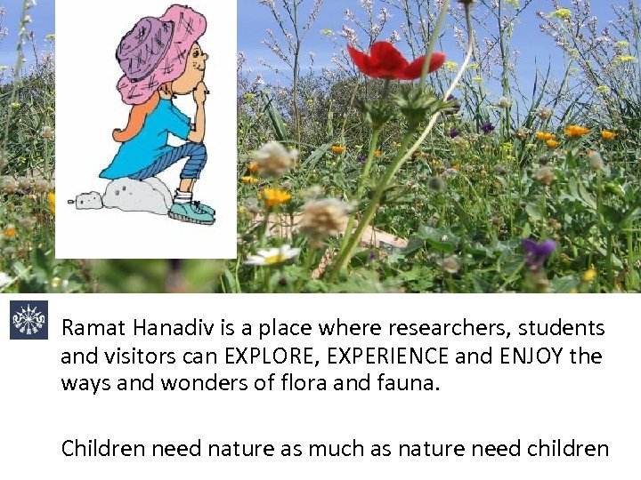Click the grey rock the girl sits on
139,196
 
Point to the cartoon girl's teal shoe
191,212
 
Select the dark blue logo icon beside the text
28,320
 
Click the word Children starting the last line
102,449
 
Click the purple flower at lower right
537,252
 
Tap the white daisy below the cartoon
272,257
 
